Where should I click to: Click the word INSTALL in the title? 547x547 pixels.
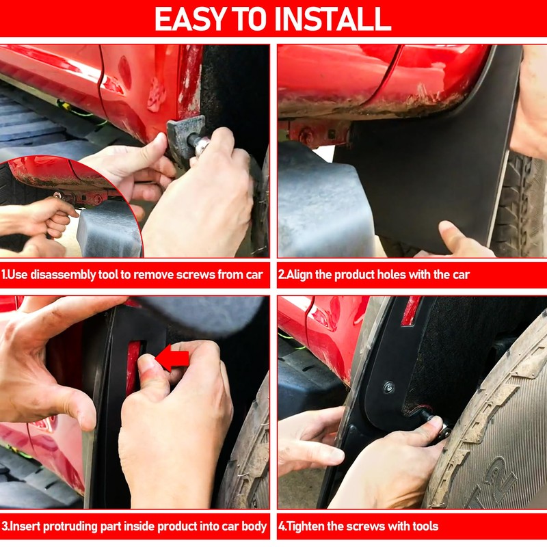point(333,19)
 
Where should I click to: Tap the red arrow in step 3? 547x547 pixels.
point(172,358)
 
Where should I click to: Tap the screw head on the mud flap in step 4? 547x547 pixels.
point(388,387)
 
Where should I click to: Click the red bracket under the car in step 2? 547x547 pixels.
point(316,133)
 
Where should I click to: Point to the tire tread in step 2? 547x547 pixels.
point(519,206)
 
